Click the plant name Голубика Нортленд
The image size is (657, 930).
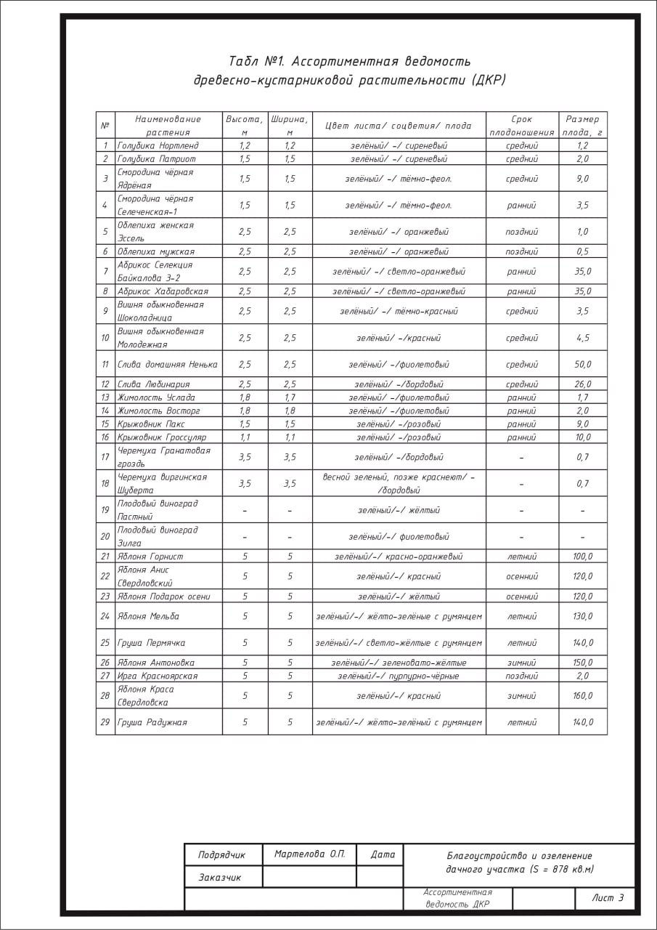[x=158, y=145]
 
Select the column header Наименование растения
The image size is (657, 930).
[x=168, y=125]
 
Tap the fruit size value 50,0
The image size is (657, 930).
[x=583, y=364]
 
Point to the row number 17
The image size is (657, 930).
[x=105, y=457]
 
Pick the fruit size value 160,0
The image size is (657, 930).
[x=583, y=695]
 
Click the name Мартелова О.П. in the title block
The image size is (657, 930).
[x=309, y=854]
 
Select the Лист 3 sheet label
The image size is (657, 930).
[x=608, y=898]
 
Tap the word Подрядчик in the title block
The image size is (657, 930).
[x=221, y=855]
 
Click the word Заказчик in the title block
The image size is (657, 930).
[x=220, y=878]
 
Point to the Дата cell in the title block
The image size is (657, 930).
[x=383, y=854]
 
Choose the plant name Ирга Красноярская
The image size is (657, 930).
[x=158, y=676]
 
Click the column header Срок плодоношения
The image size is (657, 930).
[x=521, y=125]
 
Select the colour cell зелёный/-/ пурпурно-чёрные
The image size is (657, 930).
[x=399, y=676]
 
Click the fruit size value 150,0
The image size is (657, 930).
[x=583, y=663]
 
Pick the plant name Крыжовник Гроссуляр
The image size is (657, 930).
[x=162, y=437]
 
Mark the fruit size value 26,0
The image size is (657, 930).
[x=583, y=384]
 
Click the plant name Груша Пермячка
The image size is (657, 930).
[x=151, y=643]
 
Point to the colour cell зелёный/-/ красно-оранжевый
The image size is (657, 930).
[x=399, y=557]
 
